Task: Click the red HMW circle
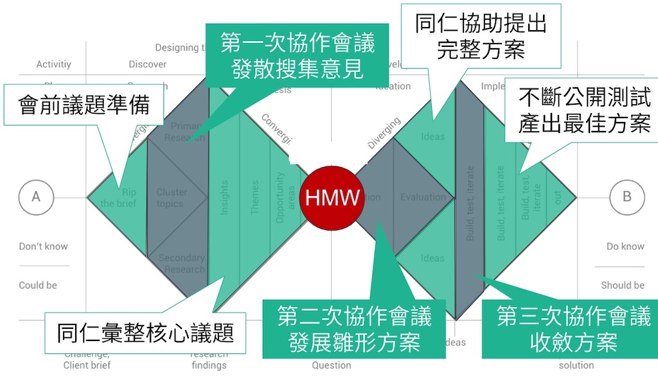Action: (332, 197)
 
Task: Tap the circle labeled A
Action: (36, 197)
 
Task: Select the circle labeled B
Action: (627, 197)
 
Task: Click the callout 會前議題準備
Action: (84, 104)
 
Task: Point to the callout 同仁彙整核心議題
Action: (145, 333)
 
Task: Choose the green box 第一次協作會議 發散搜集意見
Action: (298, 56)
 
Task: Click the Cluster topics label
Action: (172, 198)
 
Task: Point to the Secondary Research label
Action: (181, 263)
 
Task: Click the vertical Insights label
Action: (224, 197)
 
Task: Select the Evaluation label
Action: (423, 197)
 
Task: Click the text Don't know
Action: (43, 247)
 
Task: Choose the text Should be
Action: (623, 285)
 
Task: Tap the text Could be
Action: (38, 285)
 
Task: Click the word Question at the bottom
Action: (332, 365)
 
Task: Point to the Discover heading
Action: (147, 64)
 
